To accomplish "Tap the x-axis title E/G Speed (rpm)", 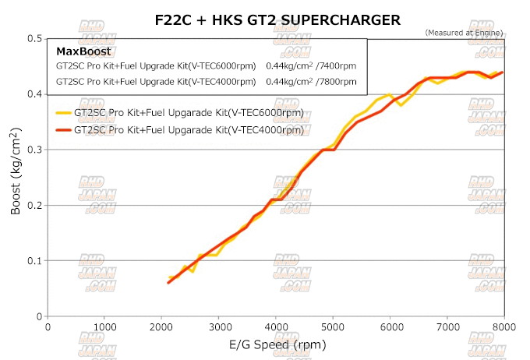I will pos(277,344).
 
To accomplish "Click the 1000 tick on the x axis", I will pos(105,327).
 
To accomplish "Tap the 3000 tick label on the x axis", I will pos(219,327).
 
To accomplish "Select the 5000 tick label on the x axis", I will pos(334,327).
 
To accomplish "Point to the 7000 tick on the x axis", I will pos(447,327).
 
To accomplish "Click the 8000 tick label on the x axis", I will pos(503,327).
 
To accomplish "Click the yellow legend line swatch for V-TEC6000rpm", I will pos(63,113).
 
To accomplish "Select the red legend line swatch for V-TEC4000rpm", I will pos(63,130).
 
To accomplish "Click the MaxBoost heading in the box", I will pos(83,51).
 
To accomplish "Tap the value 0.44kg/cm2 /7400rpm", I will pos(311,65).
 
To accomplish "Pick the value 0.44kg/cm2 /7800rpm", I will pos(311,80).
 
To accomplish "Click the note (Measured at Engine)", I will pos(465,32).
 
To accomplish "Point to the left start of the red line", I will pos(168,282).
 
